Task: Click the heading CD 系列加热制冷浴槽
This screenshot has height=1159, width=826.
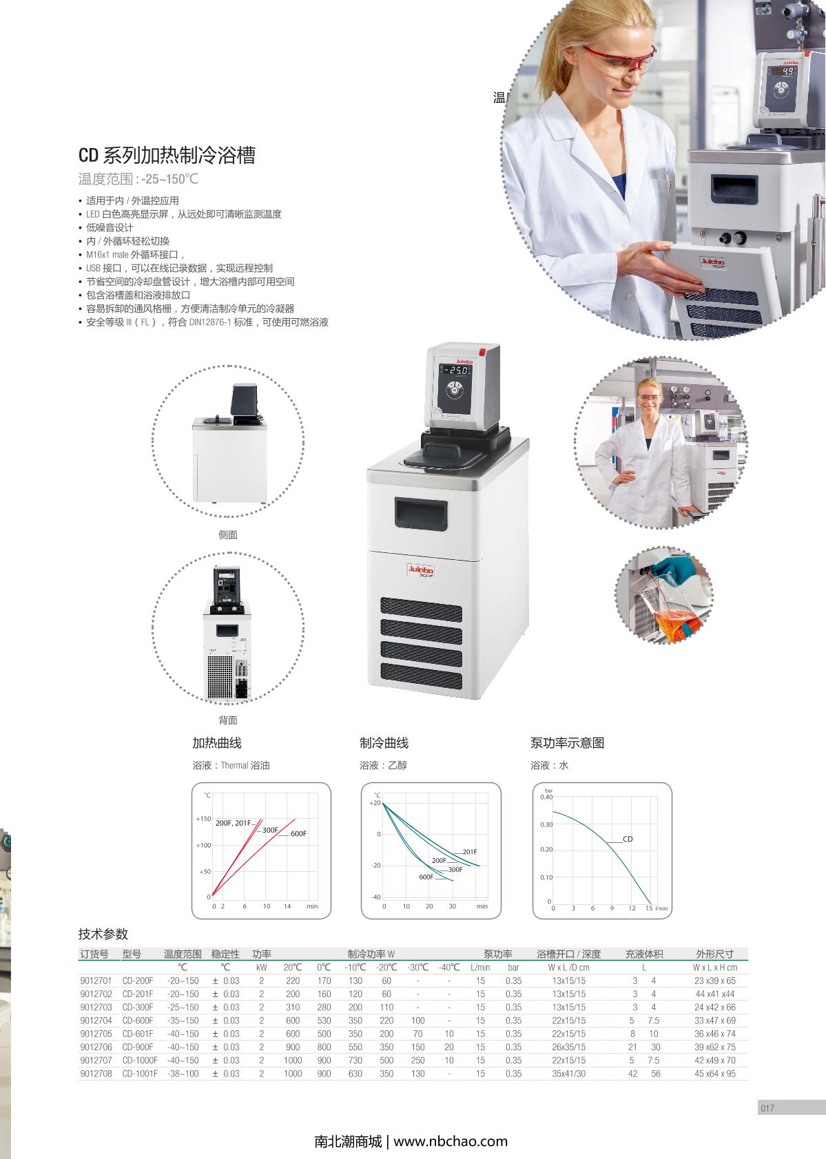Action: coord(167,155)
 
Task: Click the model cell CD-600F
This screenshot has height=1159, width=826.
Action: coord(138,1021)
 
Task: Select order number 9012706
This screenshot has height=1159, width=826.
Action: coord(96,1047)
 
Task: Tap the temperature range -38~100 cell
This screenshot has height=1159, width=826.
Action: coord(183,1074)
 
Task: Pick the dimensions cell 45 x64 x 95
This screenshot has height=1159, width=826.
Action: coord(714,1074)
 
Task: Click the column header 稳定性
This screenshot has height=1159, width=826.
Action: coord(225,954)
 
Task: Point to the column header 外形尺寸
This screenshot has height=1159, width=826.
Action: coord(714,954)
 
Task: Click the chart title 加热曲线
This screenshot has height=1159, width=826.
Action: coord(217,743)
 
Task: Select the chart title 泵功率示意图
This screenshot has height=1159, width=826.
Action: coord(567,743)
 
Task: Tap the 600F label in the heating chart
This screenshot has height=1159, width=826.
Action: coord(298,833)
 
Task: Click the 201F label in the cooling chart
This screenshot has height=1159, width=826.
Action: coord(469,852)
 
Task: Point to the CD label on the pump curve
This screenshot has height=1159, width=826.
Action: coord(628,839)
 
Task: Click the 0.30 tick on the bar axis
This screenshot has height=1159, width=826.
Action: coord(546,825)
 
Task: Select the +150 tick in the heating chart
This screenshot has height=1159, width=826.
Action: coord(203,819)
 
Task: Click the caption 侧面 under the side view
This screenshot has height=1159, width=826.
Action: coord(228,535)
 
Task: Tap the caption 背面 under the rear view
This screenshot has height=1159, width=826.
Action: coord(228,720)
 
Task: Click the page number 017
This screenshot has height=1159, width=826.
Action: coord(767,1108)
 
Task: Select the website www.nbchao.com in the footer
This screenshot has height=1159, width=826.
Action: coord(451,1141)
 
